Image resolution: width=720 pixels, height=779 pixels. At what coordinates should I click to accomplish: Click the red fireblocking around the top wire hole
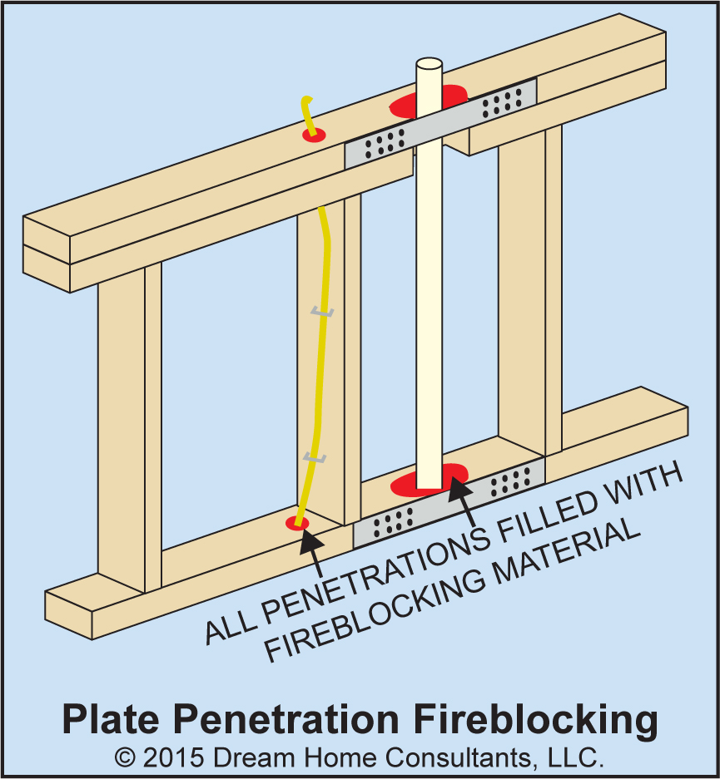tap(315, 136)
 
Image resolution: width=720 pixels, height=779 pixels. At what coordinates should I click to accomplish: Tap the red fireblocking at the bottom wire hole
tap(297, 523)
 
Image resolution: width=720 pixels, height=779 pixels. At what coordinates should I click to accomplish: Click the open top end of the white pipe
tap(430, 64)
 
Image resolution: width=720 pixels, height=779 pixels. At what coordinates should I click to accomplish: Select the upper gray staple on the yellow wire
tap(322, 313)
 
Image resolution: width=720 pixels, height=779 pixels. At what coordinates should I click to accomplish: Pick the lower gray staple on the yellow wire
tap(315, 457)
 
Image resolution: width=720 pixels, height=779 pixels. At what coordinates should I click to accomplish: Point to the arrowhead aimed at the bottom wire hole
tap(312, 542)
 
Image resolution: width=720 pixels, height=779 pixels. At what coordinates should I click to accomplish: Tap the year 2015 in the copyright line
tap(173, 758)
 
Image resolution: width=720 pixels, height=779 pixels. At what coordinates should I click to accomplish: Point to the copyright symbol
tap(125, 758)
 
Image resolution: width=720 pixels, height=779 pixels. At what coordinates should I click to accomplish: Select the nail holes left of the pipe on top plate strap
tap(385, 143)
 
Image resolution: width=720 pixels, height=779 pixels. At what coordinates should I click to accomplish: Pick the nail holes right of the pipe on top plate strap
tap(502, 103)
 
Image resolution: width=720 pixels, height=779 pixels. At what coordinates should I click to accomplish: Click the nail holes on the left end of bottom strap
tap(393, 522)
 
